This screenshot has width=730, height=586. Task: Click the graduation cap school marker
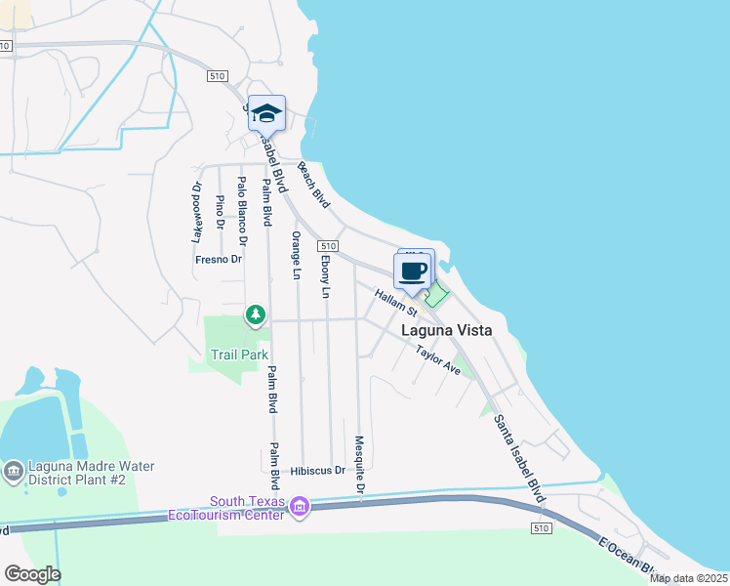coord(266,113)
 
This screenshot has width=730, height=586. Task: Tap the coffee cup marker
coord(414,271)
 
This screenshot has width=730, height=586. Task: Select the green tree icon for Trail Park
coord(256,314)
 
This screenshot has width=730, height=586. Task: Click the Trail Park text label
coord(240,356)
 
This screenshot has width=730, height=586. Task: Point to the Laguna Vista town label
coord(447,331)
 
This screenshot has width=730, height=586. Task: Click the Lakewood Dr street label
coord(197,212)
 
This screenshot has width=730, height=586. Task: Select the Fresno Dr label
coord(218,259)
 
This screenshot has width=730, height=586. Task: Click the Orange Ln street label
coord(294,256)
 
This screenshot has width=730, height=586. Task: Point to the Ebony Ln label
coord(325,276)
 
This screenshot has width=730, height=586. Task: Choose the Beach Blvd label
coord(314,185)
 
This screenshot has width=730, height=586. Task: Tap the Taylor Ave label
coord(437,359)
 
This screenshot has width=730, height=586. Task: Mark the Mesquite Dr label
coord(360,464)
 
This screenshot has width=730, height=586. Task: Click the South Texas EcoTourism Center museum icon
coord(300,506)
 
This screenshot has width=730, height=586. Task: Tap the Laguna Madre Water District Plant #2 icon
coord(12,473)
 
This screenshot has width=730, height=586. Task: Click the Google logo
coord(32,574)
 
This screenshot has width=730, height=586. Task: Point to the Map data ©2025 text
coord(687,578)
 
